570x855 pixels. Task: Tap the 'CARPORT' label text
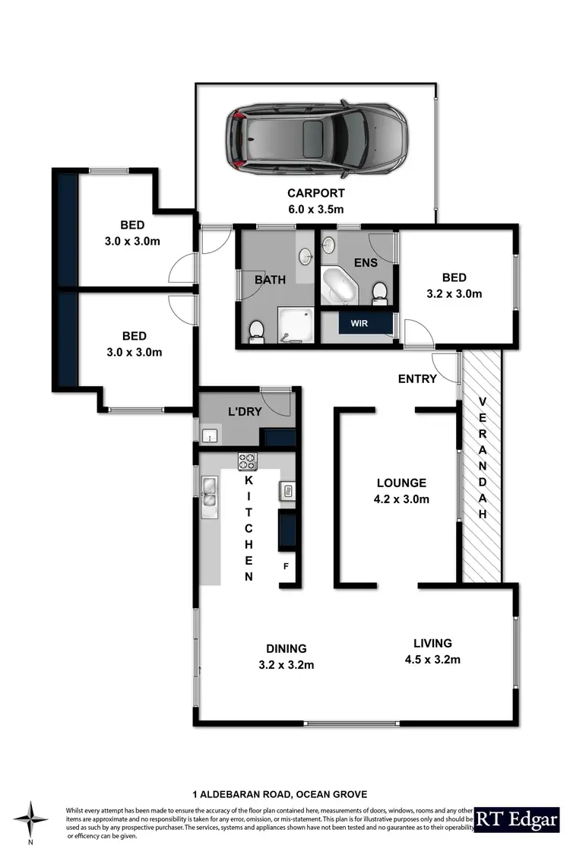(315, 193)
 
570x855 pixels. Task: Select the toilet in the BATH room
(256, 329)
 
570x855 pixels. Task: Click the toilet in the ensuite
(380, 291)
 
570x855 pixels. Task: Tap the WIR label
(359, 323)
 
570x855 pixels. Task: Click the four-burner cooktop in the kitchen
(248, 461)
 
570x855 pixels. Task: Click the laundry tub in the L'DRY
(211, 435)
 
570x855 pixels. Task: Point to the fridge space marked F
(287, 566)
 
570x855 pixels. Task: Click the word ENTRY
(417, 378)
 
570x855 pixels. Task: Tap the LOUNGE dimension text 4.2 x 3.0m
(402, 499)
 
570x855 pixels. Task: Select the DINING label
(286, 648)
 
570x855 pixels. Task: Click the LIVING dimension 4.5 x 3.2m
(432, 659)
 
